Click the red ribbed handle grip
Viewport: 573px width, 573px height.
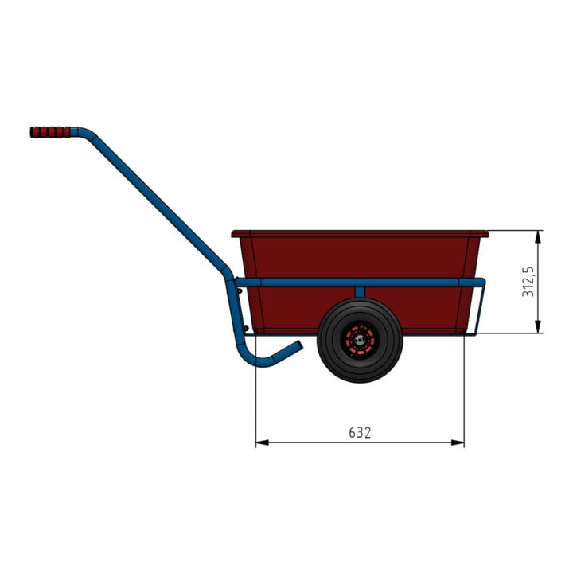50,132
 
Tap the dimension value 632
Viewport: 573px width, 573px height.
360,432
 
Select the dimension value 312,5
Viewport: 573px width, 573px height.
528,282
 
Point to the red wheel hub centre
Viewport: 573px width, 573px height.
360,341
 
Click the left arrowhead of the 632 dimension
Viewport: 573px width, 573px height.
262,442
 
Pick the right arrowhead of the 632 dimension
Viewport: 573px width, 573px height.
458,442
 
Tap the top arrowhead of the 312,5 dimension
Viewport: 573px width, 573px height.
537,237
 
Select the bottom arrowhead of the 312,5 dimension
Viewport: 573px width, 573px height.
537,327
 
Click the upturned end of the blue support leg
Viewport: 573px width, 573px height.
298,345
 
